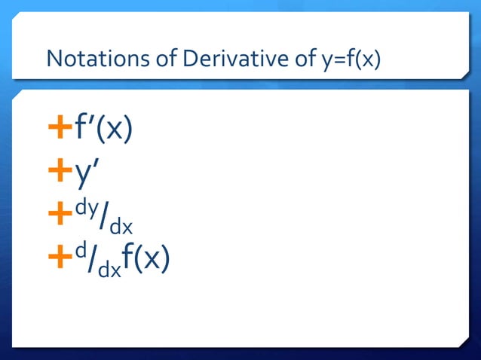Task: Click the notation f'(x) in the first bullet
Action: point(103,130)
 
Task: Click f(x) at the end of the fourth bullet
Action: point(148,259)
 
